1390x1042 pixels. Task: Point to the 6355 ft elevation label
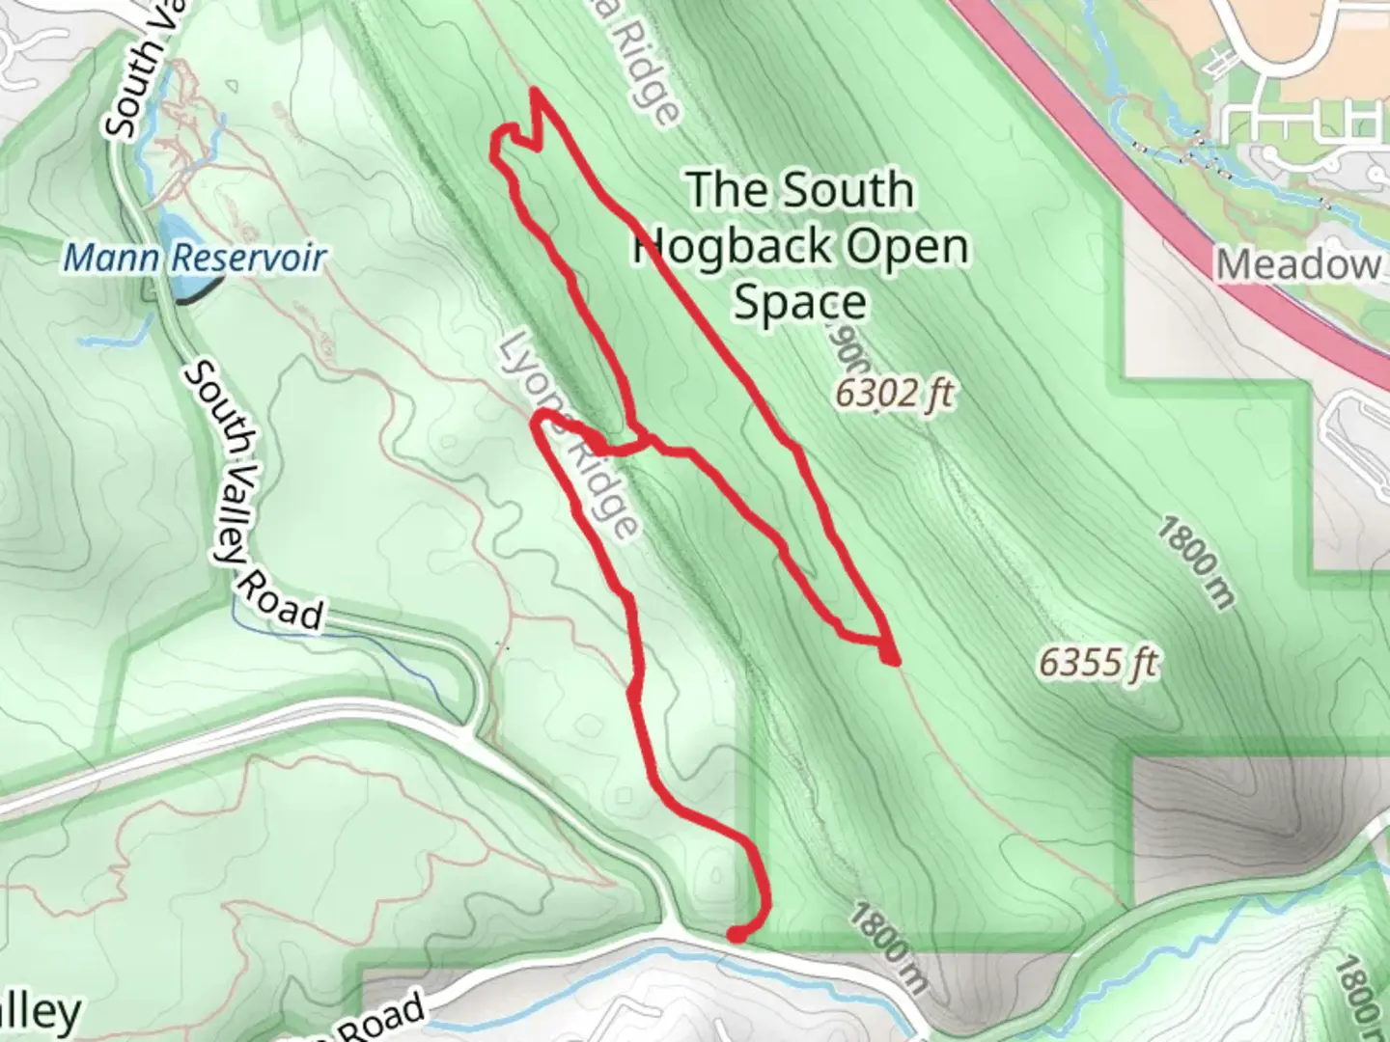[1098, 663]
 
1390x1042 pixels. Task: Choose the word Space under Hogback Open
[800, 303]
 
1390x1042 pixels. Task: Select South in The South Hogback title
[848, 189]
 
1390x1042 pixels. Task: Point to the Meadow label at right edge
[1298, 264]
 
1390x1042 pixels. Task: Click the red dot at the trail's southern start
[737, 934]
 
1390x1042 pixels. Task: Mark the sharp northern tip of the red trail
[535, 92]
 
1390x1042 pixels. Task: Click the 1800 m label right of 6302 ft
[1196, 562]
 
